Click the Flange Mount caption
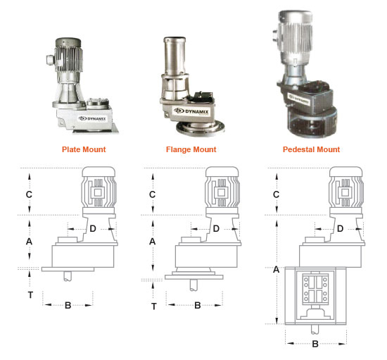coord(191,149)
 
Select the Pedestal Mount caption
coord(311,149)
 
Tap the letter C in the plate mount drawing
coord(29,194)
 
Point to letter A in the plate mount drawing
coord(29,241)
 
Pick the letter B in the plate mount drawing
coord(68,306)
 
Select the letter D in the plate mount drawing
coord(93,228)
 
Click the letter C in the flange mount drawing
coord(153,194)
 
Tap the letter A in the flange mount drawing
coord(153,241)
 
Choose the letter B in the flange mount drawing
coord(198,306)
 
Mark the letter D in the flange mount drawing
coord(216,228)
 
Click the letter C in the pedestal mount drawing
coord(276,194)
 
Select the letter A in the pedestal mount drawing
coord(276,268)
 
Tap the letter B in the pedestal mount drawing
coord(315,344)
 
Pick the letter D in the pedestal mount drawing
coord(340,228)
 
